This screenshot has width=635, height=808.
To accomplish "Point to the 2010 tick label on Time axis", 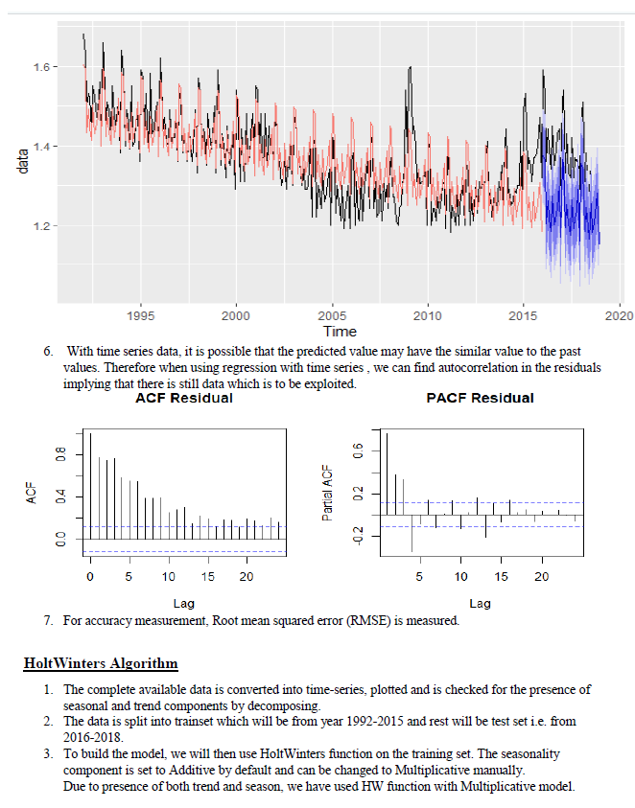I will pyautogui.click(x=428, y=314).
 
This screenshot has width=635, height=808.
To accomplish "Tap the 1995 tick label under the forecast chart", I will pyautogui.click(x=140, y=314).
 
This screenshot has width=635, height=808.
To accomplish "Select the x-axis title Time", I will pyautogui.click(x=340, y=332).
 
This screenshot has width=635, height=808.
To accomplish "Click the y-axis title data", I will pyautogui.click(x=24, y=162).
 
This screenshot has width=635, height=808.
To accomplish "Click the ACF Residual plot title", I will pyautogui.click(x=183, y=397).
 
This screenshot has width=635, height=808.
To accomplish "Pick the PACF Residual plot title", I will pyautogui.click(x=480, y=397).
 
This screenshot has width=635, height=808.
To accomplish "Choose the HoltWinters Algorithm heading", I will pyautogui.click(x=101, y=663).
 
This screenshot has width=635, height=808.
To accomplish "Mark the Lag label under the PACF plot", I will pyautogui.click(x=479, y=603).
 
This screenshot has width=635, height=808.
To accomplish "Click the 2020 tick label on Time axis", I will pyautogui.click(x=620, y=314).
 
